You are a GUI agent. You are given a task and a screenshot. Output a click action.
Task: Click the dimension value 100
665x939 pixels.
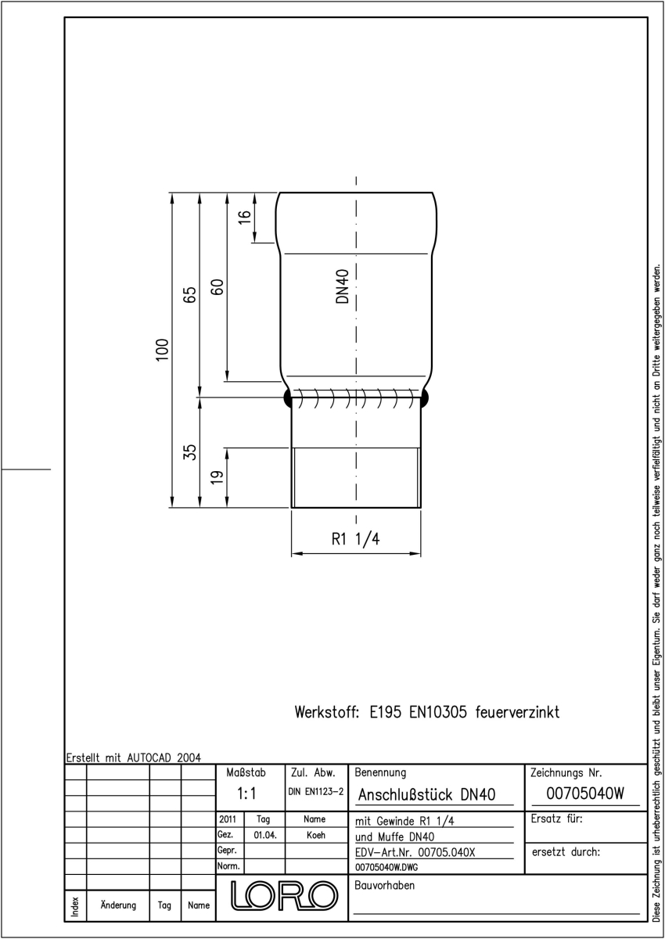coord(162,350)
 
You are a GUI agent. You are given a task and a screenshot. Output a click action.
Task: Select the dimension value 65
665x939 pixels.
coord(189,295)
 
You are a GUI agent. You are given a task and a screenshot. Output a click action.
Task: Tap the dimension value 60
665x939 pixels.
coord(217,287)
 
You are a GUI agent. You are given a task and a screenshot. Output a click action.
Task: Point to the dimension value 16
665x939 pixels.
coord(244,218)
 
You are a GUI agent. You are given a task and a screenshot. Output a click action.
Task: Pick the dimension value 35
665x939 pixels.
coord(190,452)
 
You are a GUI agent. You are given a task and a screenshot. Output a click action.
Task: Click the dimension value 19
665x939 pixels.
coord(217,477)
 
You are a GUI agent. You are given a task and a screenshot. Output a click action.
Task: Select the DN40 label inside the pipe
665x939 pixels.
coord(343,286)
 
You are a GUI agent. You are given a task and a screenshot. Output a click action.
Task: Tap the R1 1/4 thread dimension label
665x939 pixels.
coord(355,539)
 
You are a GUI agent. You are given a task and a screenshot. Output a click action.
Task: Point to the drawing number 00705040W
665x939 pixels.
coord(585,793)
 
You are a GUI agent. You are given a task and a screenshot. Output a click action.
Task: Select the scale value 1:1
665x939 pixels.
coord(246,793)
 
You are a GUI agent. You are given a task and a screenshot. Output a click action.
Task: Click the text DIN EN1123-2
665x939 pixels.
coord(315,791)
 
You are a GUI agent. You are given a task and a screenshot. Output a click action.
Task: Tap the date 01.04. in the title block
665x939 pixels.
coord(265,835)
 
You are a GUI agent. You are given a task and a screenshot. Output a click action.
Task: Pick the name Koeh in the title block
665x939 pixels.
coord(316,835)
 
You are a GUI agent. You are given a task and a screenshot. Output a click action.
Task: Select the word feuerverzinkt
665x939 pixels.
coord(517,712)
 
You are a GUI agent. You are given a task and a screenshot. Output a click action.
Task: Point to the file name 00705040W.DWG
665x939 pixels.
coord(386,867)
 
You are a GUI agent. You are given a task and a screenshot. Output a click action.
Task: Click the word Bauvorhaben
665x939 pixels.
coord(384,885)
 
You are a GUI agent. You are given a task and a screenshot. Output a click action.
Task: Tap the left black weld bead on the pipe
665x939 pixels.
coord(288,398)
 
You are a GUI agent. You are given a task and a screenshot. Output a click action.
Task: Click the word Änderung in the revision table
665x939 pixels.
coord(118,905)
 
